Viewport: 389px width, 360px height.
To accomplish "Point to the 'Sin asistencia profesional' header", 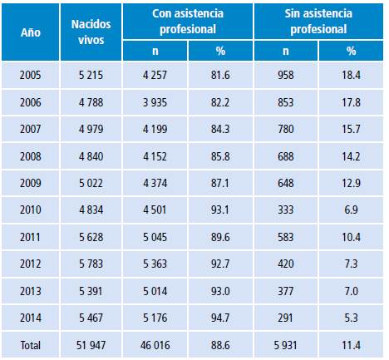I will (319, 22).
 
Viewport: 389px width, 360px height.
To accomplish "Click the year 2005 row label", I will (32, 76).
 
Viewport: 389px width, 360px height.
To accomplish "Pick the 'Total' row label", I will (32, 342).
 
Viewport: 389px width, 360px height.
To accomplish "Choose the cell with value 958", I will (286, 76).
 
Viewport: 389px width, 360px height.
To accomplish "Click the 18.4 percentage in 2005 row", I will (353, 76).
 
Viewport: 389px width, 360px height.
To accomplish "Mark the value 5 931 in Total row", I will (285, 342).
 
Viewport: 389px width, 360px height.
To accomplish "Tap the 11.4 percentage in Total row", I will (353, 342).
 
